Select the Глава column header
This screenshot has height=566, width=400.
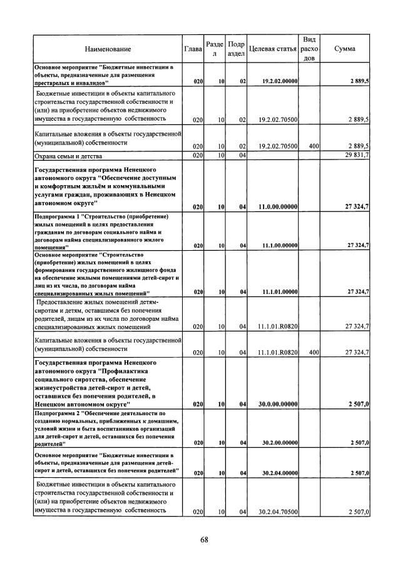[x=192, y=49]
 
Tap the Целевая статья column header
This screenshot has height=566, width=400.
[x=272, y=49]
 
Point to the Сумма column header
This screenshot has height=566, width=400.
[x=346, y=49]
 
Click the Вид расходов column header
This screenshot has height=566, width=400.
[x=309, y=49]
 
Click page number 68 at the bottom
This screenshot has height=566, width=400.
[x=204, y=541]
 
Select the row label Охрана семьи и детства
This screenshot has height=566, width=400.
[x=68, y=155]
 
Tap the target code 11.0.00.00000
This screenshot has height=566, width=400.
[x=280, y=206]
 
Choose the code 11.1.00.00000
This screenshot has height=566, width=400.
[x=280, y=246]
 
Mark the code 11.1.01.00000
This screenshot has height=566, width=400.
[x=280, y=292]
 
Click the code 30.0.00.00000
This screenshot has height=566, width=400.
[x=279, y=405]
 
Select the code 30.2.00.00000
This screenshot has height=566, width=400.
[x=280, y=443]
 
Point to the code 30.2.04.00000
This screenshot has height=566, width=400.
[x=280, y=473]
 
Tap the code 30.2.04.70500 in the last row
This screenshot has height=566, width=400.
[x=280, y=512]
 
